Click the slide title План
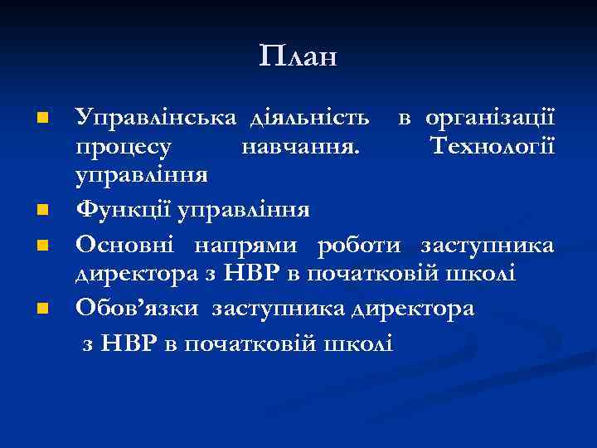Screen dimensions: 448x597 click(x=298, y=56)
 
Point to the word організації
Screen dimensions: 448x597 click(x=490, y=119)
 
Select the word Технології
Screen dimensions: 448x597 click(x=493, y=149)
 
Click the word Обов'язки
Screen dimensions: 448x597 click(x=137, y=309)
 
